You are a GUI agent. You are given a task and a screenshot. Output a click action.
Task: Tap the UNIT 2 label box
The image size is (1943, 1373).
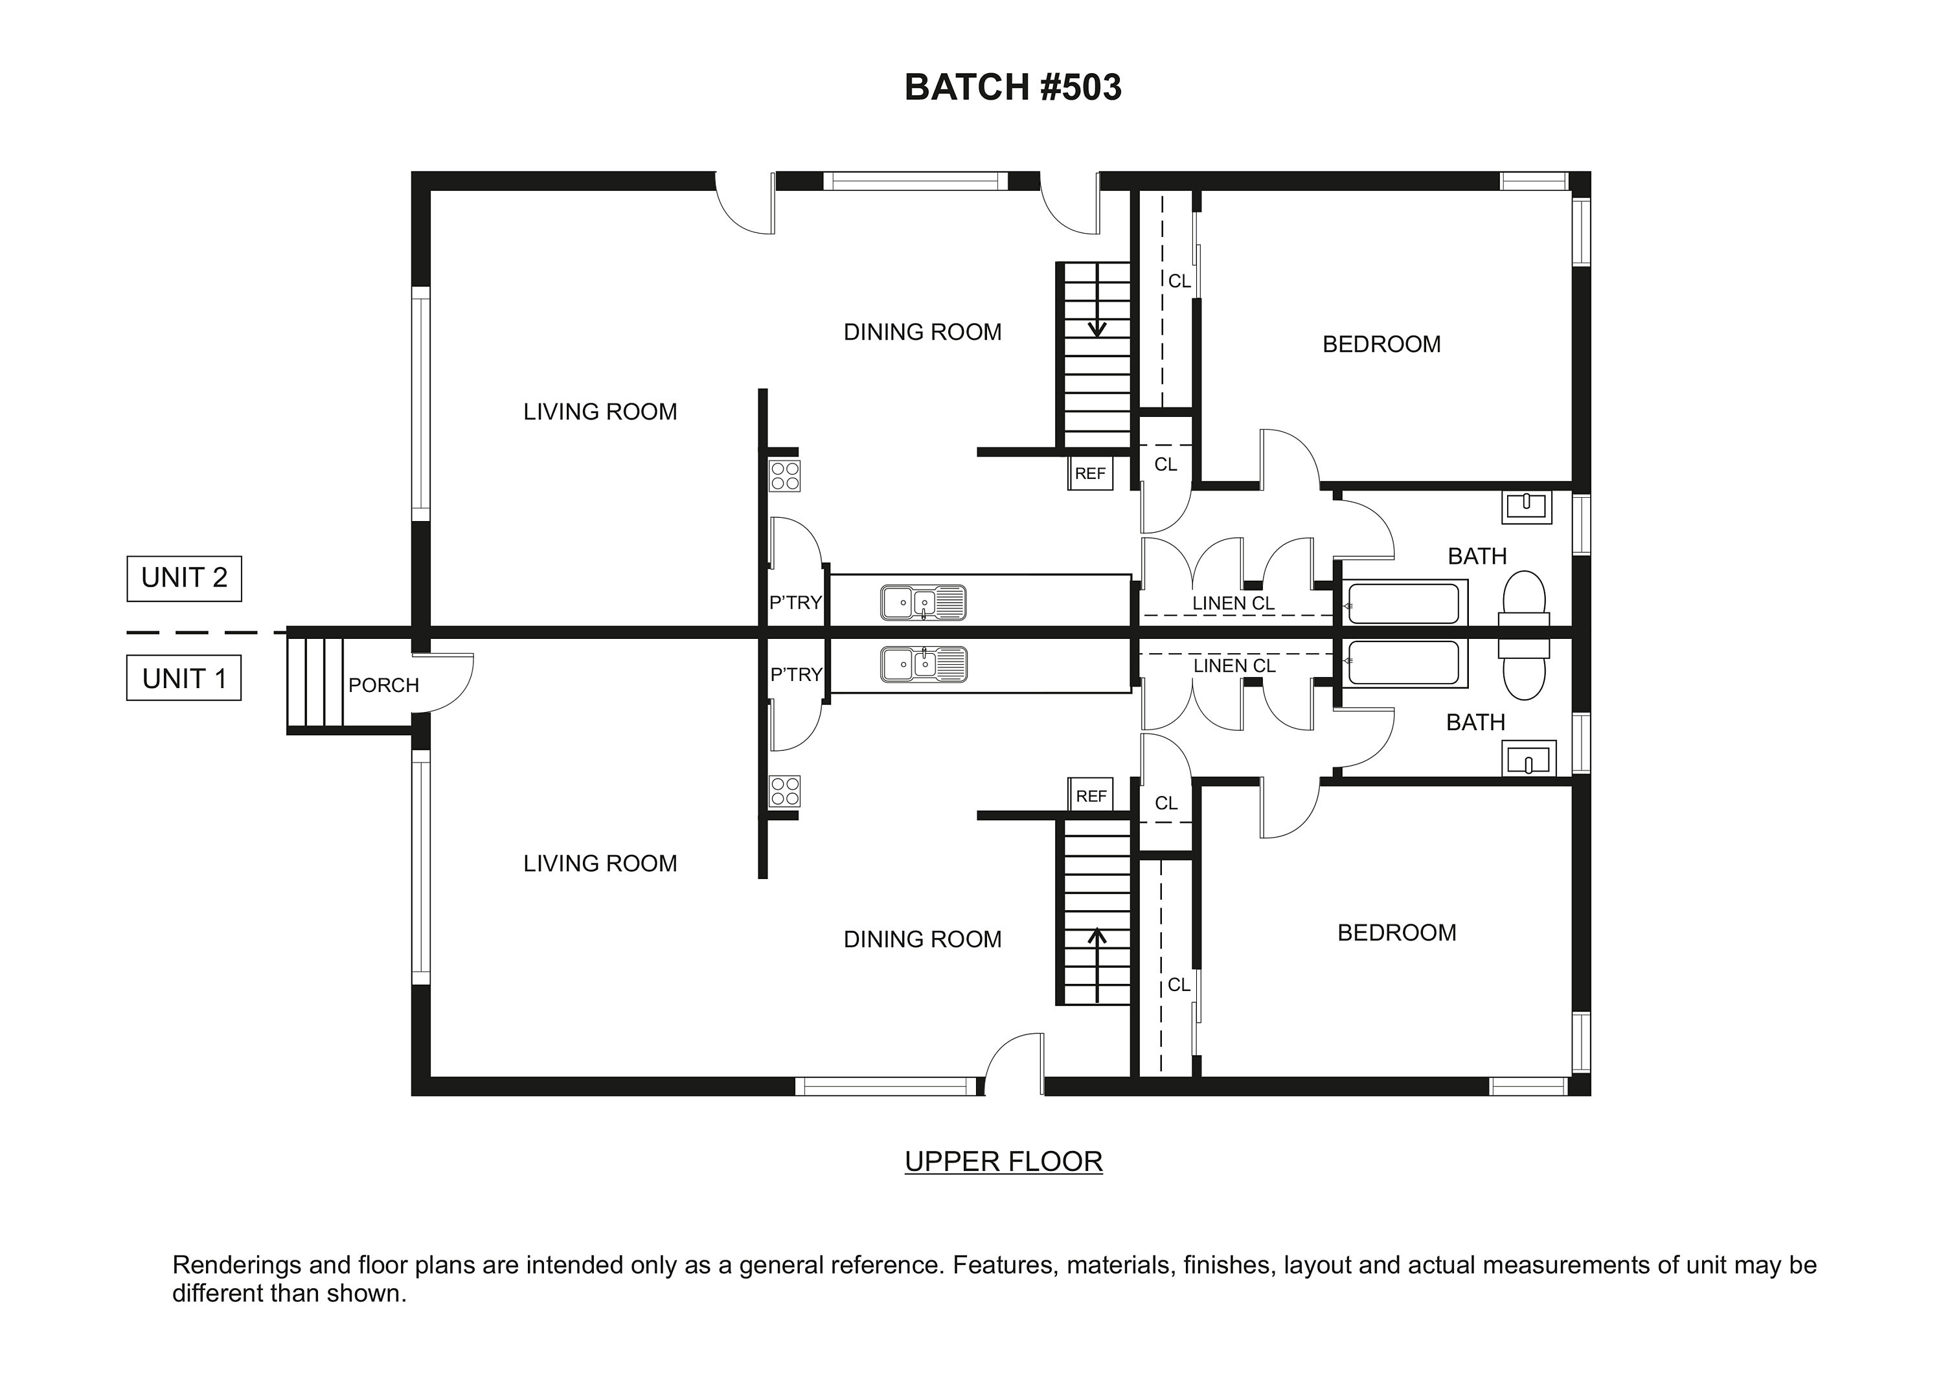[x=184, y=579]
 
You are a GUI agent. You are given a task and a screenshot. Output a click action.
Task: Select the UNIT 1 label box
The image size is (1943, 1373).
[x=184, y=678]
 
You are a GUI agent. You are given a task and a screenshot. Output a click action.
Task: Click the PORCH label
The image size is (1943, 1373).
[x=383, y=686]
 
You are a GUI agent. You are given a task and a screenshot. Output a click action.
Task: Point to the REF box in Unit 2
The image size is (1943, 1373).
[x=1089, y=474]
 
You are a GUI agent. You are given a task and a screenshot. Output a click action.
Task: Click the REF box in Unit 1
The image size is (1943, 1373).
[x=1090, y=796]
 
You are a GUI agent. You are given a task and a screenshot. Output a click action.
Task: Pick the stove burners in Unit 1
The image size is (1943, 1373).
[x=784, y=792]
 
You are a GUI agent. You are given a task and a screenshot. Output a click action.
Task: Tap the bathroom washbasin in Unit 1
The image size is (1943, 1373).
[x=1528, y=759]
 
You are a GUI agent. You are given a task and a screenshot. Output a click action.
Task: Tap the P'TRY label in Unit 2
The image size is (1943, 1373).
[x=795, y=602]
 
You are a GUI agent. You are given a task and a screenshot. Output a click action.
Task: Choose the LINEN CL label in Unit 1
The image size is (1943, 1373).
[x=1234, y=665]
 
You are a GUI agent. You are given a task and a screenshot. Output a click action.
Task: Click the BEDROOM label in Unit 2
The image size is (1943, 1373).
[x=1381, y=344]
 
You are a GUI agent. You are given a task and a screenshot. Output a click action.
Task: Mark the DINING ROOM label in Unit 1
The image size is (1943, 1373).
[x=922, y=939]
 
